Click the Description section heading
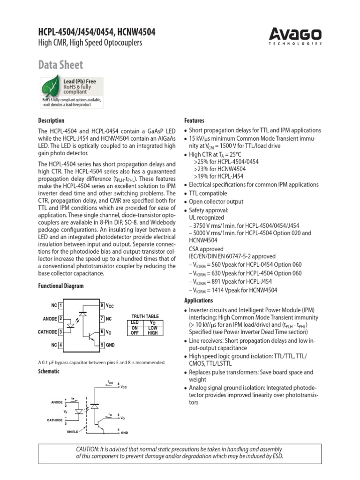point(51,120)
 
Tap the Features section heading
point(194,120)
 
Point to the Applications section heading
point(198,300)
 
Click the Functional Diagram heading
point(60,286)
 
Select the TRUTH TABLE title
point(145,316)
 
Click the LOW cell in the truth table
point(153,328)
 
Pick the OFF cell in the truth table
point(135,333)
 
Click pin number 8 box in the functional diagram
point(102,306)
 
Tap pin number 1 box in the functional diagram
point(61,306)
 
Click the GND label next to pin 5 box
point(110,345)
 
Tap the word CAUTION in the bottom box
point(88,449)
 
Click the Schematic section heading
point(49,371)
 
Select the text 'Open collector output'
point(216,202)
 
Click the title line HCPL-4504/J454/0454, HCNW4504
point(97,32)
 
